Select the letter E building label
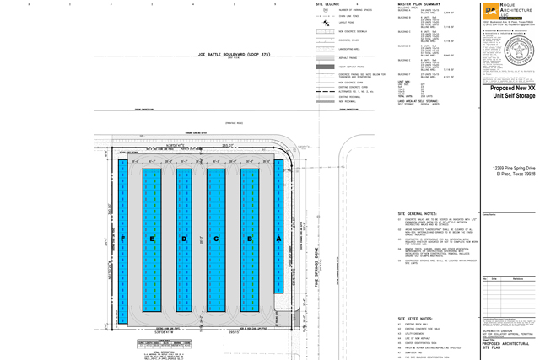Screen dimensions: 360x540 pyautogui.click(x=152, y=239)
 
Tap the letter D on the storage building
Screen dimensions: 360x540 pyautogui.click(x=184, y=239)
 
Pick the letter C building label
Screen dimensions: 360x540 pyautogui.click(x=216, y=239)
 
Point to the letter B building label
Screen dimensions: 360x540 pyautogui.click(x=249, y=239)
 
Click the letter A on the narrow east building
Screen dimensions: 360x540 pyautogui.click(x=278, y=239)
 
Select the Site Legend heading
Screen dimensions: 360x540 pyautogui.click(x=327, y=3)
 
